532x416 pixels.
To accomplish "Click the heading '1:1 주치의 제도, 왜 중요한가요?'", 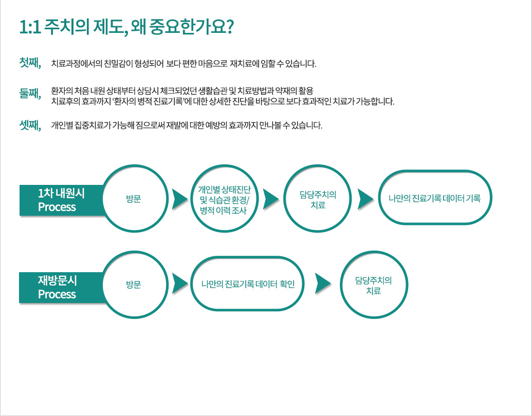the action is click(126, 27).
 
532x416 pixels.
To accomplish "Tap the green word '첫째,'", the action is click(30, 63).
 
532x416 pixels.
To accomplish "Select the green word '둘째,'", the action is click(30, 93).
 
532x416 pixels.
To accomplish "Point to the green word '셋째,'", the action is click(30, 125).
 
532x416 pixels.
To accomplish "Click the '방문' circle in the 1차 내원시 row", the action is click(135, 199).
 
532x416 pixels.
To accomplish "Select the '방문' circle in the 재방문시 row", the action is click(135, 285).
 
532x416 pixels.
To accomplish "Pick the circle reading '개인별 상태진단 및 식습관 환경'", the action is click(224, 199).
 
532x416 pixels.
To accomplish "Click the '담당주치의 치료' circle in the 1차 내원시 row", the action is click(318, 199).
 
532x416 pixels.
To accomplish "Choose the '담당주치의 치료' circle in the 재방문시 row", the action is click(374, 285).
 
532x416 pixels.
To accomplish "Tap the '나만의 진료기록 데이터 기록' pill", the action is click(435, 197).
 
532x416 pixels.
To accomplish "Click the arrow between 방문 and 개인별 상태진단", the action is click(179, 199).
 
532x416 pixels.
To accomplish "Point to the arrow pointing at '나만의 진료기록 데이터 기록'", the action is click(365, 199).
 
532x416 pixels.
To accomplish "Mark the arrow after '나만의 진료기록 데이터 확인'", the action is click(322, 283).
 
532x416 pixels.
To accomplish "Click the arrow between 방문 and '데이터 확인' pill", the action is click(179, 283).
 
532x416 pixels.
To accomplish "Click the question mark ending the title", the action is click(230, 26).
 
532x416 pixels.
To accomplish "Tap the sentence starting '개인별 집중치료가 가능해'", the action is click(187, 125).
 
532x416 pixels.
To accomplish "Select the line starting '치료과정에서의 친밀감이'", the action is click(184, 63).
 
